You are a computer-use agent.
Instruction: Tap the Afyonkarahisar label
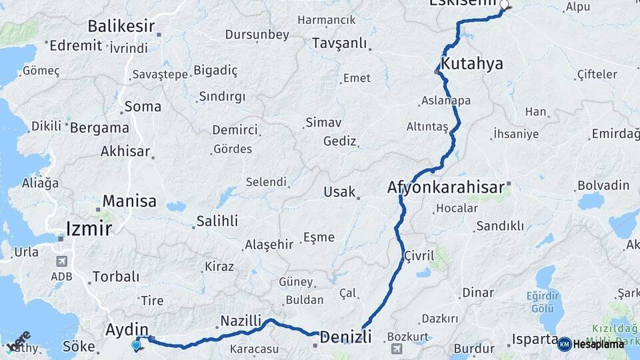coord(445,188)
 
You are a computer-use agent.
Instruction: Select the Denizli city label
coord(345,337)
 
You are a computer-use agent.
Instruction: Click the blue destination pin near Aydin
coord(137,345)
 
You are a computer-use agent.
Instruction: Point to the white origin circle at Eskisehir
coord(504,5)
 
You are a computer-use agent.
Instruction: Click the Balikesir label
coord(121,27)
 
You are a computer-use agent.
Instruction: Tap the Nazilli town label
coord(241,321)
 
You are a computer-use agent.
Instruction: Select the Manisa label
coord(129,201)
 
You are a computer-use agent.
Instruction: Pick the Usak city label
coord(339,192)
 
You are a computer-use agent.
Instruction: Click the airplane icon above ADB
coord(62,261)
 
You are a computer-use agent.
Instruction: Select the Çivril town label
coord(419,256)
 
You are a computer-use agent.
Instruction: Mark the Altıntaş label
coord(427,127)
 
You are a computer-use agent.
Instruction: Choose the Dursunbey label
coord(257,35)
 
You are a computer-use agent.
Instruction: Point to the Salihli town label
coord(217,221)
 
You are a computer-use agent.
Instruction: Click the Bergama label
coord(99,127)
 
